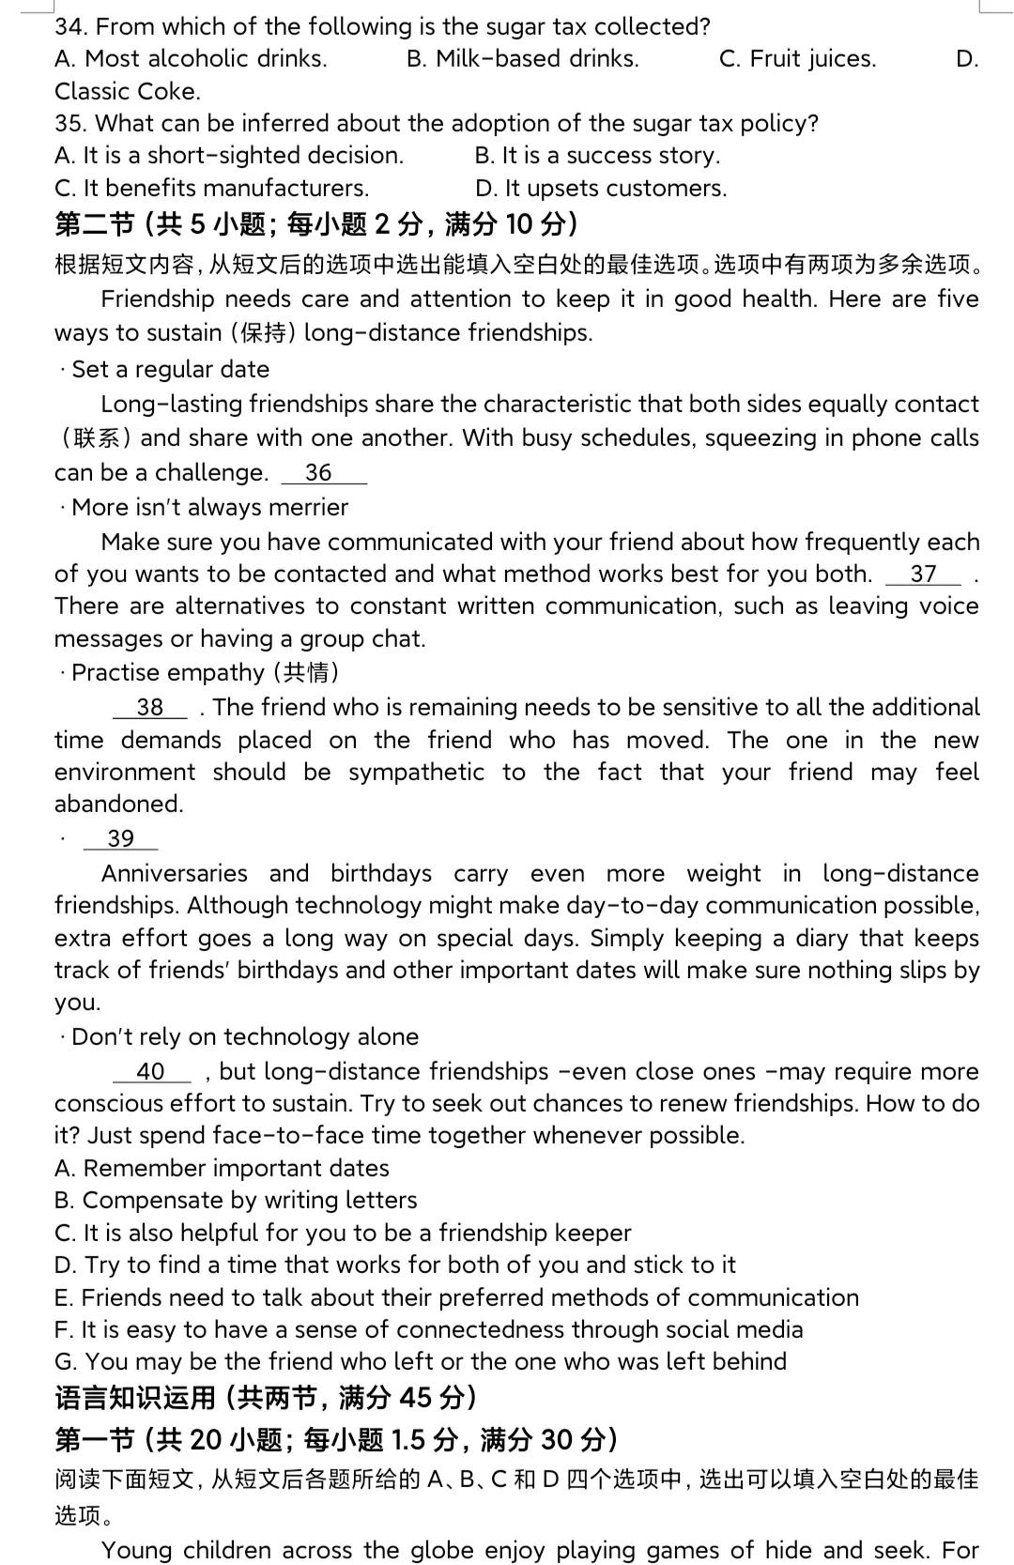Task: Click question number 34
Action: click(71, 26)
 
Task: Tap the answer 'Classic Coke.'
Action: click(128, 91)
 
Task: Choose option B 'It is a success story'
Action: click(597, 155)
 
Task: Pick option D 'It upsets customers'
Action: click(601, 188)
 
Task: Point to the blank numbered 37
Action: click(923, 574)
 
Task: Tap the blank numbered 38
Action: click(150, 707)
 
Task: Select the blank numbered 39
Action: click(121, 838)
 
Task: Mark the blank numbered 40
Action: click(151, 1071)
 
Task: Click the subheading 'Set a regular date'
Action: click(170, 369)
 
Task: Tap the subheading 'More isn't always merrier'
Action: click(209, 507)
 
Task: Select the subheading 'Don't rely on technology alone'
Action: click(244, 1036)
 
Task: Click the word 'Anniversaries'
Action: click(174, 873)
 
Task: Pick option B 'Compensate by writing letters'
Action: click(236, 1200)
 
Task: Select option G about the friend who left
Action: click(421, 1361)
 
